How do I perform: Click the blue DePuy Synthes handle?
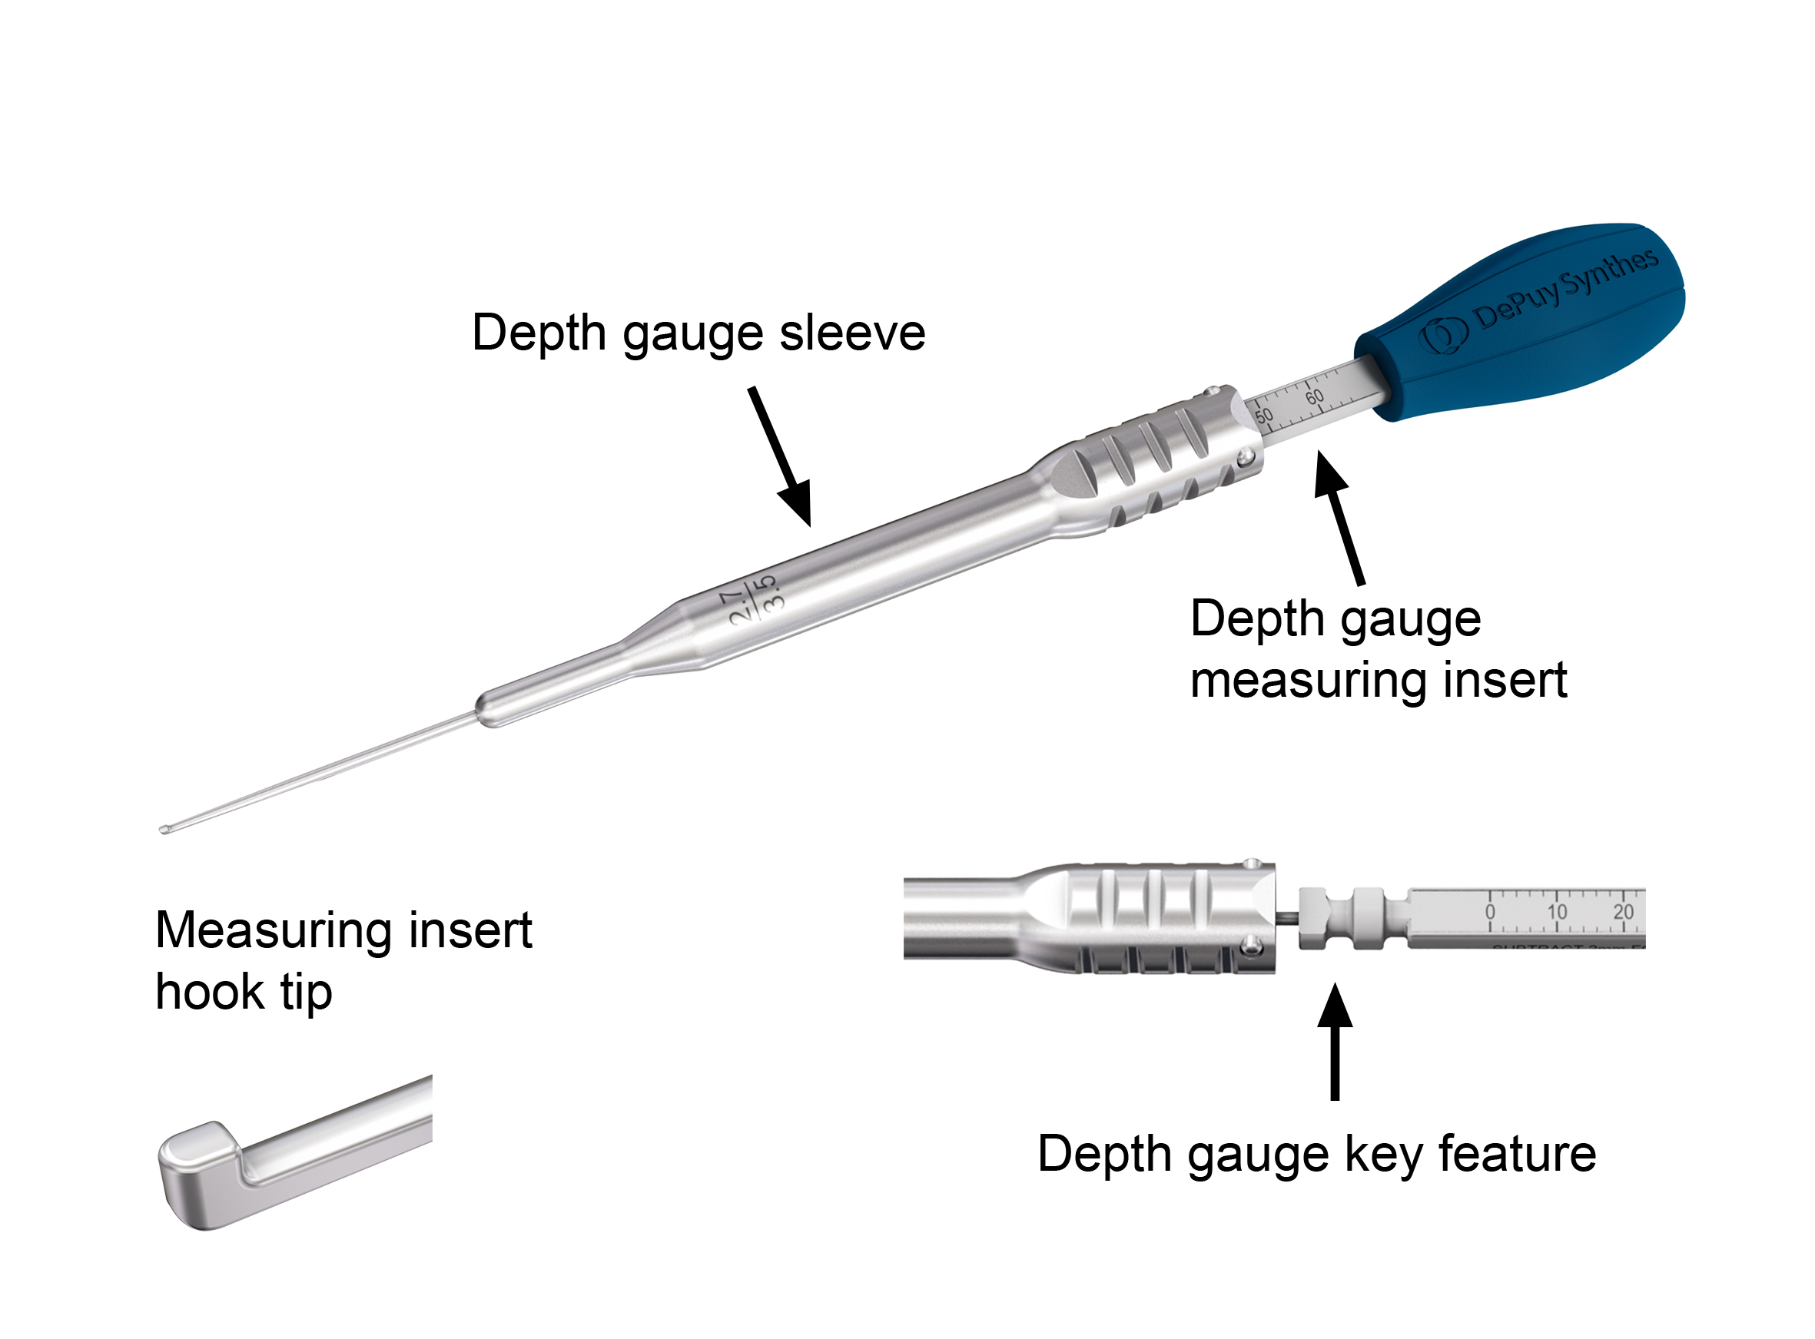[1524, 324]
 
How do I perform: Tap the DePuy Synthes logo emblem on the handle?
[1444, 335]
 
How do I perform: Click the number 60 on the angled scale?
[1314, 396]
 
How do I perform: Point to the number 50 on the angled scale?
[1264, 415]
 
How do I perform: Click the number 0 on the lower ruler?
[1490, 912]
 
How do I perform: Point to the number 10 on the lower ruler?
[1556, 912]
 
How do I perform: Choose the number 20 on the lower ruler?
[1623, 912]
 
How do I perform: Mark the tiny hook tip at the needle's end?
[165, 829]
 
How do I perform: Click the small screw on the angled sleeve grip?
[1246, 459]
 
